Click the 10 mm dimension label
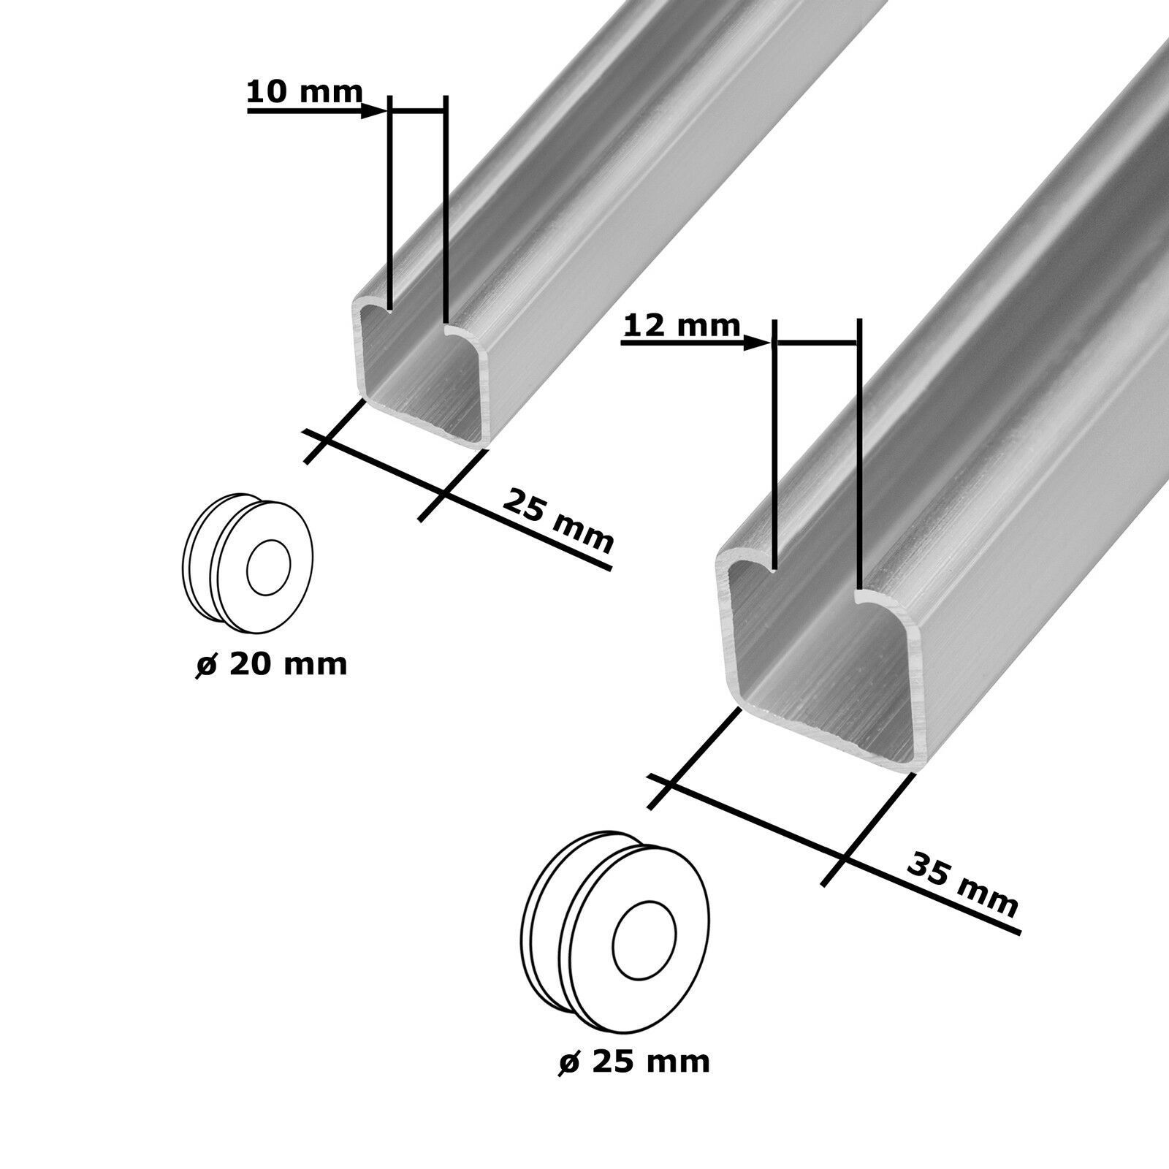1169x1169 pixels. coord(304,93)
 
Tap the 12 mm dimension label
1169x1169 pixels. coord(681,326)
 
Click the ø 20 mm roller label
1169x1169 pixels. coord(270,665)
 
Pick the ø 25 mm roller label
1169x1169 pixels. coord(633,1061)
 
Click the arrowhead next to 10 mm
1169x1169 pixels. coord(375,111)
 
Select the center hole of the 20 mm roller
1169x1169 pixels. coord(269,568)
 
